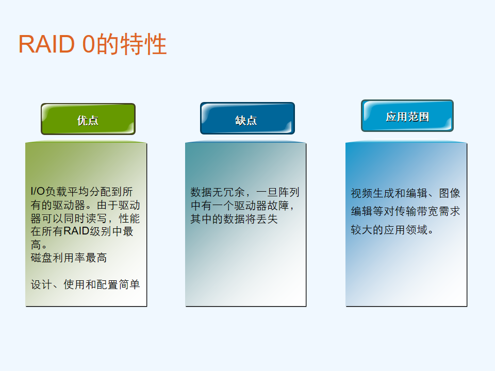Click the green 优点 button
click(x=88, y=119)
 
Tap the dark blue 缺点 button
click(x=247, y=119)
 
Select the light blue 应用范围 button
click(x=407, y=116)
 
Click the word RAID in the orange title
click(x=47, y=44)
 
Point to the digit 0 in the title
click(x=88, y=44)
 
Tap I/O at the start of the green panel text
click(x=38, y=191)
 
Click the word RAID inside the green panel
click(x=76, y=231)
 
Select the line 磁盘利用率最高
click(x=69, y=258)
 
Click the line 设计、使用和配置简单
click(x=85, y=284)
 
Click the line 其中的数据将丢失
click(x=234, y=218)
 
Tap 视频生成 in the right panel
click(x=373, y=193)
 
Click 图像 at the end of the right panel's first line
click(x=450, y=193)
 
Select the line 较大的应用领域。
click(x=392, y=230)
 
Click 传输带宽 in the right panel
click(x=417, y=211)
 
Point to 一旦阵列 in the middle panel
click(x=278, y=192)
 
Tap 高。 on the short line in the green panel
click(x=39, y=244)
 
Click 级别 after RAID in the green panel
click(x=101, y=231)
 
